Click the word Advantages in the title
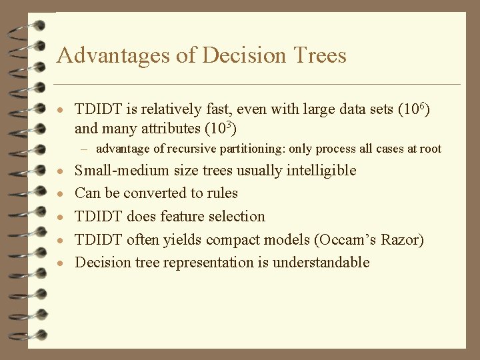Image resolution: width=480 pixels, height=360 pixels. [x=113, y=55]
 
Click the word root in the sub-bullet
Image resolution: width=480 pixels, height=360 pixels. [x=430, y=149]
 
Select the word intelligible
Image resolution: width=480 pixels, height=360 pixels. [x=321, y=171]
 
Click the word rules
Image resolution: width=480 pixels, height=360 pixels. [x=222, y=193]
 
